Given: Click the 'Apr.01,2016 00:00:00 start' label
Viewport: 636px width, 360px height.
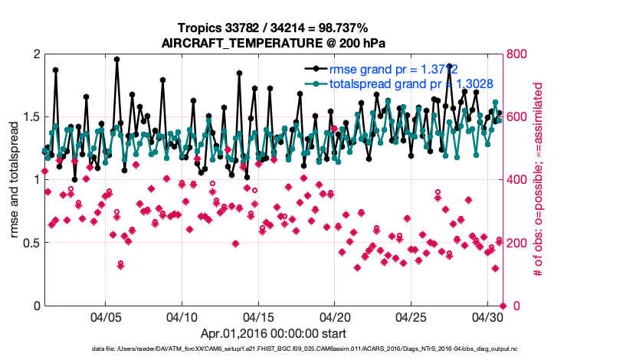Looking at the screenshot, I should pyautogui.click(x=273, y=333).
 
